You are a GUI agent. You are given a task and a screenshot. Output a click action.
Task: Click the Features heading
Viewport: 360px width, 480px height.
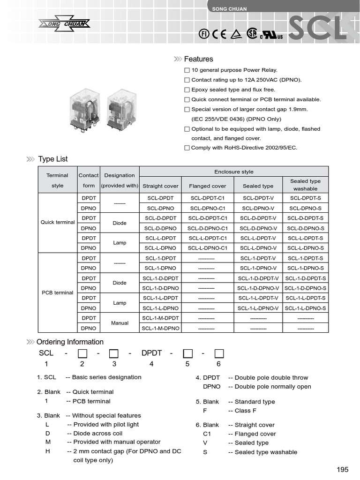click(x=198, y=59)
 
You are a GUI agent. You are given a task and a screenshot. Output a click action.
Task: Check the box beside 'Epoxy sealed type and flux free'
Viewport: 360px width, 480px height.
click(x=187, y=90)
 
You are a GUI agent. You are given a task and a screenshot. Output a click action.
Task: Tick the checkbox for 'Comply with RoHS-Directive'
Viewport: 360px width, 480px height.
click(x=187, y=148)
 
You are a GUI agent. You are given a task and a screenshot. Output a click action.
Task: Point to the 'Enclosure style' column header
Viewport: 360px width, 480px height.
click(x=233, y=172)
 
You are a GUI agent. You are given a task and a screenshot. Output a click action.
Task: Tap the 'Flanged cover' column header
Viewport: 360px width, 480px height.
click(x=207, y=186)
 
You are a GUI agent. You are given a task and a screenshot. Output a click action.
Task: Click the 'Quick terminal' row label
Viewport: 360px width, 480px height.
click(x=58, y=222)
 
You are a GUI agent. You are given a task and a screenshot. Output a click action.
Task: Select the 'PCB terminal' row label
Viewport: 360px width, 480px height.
click(x=58, y=292)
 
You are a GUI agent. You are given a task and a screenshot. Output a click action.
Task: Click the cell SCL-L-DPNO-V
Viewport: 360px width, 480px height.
click(x=258, y=248)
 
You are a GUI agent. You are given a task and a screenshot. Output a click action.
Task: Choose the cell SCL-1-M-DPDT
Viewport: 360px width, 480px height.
click(x=160, y=318)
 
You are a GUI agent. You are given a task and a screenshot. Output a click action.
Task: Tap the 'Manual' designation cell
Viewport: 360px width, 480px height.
click(x=120, y=323)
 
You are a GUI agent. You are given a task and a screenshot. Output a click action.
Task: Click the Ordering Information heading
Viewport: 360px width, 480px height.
click(x=70, y=342)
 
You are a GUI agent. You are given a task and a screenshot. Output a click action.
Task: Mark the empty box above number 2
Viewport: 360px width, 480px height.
click(x=82, y=353)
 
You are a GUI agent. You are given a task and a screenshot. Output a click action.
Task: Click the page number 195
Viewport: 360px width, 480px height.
click(x=343, y=470)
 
